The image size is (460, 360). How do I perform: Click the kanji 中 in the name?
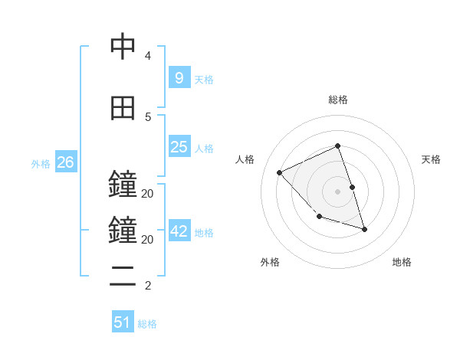[x=123, y=47]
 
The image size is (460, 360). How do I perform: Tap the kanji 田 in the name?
[x=123, y=108]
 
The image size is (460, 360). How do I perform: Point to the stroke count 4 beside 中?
[x=148, y=56]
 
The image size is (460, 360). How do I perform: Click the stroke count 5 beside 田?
[x=148, y=116]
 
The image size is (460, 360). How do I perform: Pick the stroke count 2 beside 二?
[x=148, y=286]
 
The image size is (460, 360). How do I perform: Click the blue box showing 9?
[x=179, y=77]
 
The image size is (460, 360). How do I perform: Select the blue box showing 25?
[x=179, y=147]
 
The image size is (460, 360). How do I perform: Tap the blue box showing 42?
[x=179, y=231]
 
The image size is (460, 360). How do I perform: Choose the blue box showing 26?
[x=65, y=162]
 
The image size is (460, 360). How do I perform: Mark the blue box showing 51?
[x=123, y=322]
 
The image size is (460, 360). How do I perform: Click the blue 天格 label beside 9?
[x=204, y=79]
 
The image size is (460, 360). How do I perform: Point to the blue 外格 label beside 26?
[x=41, y=163]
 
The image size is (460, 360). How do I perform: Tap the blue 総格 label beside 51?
[x=147, y=324]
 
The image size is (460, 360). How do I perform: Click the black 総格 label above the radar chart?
[x=338, y=100]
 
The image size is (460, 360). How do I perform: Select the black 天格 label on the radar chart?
[x=432, y=159]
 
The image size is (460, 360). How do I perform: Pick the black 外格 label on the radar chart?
[x=269, y=262]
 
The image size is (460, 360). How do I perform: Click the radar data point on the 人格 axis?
[x=280, y=172]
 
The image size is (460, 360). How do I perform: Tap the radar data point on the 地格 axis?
[x=364, y=229]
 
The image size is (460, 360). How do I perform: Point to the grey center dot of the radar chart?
[x=337, y=191]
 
